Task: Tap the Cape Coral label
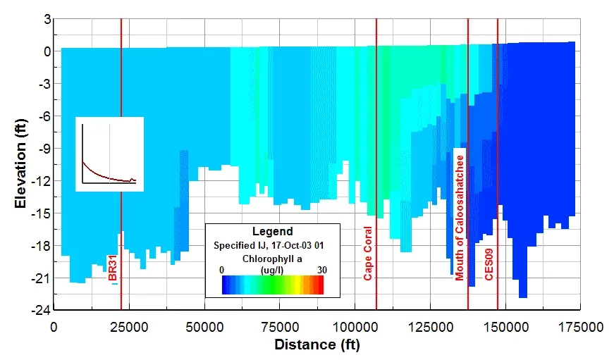point(367,254)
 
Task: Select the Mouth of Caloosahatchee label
point(460,218)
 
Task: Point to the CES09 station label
point(489,265)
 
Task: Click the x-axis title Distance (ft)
point(317,345)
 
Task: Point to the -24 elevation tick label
point(40,310)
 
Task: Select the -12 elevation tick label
point(40,180)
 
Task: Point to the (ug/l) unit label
point(272,270)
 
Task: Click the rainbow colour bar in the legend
point(272,284)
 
